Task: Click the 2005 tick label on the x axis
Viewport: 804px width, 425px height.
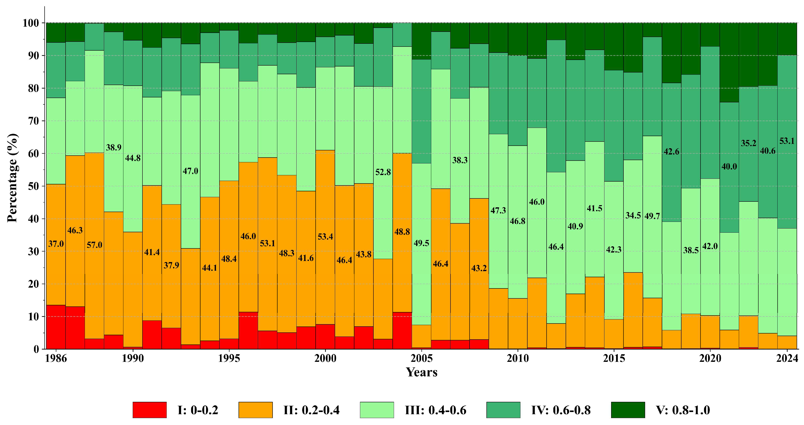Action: tap(421, 358)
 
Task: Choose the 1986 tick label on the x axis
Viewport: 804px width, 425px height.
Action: tap(56, 358)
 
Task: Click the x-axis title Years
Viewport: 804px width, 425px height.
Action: tap(421, 372)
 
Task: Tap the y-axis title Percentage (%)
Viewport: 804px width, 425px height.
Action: tap(13, 178)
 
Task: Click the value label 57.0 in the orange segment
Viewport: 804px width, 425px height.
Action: tap(94, 245)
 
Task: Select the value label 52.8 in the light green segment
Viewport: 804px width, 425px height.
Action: tap(383, 172)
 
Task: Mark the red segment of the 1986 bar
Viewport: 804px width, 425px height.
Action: tap(56, 327)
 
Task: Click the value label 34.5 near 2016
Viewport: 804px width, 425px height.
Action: tap(633, 215)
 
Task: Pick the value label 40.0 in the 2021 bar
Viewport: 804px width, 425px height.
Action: tap(729, 167)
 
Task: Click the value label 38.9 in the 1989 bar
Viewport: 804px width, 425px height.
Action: tap(114, 147)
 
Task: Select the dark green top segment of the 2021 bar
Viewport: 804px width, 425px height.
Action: tap(729, 62)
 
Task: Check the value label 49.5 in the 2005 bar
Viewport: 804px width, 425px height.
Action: tap(421, 243)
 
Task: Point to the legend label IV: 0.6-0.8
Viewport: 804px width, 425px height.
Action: tap(561, 410)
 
